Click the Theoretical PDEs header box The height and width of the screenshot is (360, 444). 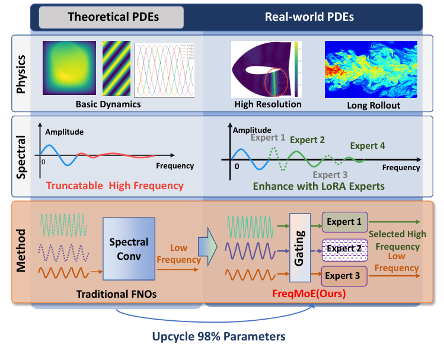coord(111,17)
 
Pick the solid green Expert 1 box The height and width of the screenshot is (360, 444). coord(345,222)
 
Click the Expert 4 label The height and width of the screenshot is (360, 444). coord(367,145)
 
